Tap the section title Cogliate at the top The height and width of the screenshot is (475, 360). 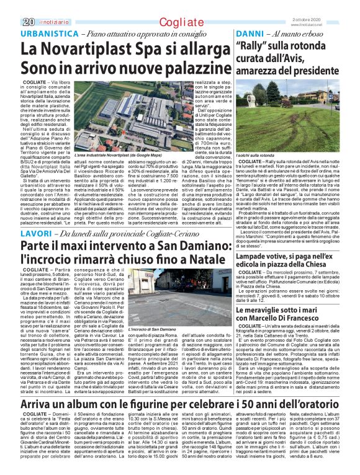point(177,6)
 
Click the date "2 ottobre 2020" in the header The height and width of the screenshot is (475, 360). point(313,5)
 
